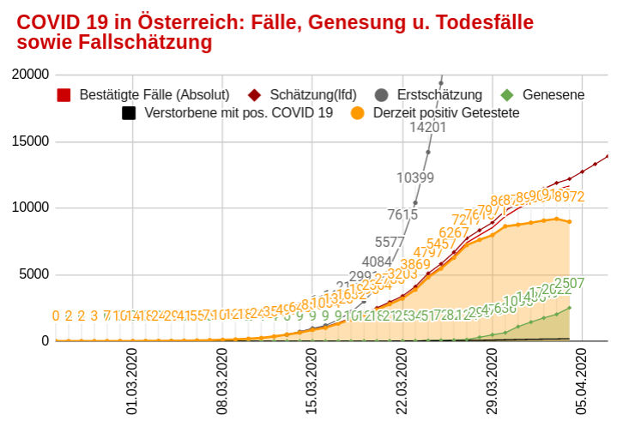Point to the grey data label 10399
pos(415,178)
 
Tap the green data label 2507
pos(569,283)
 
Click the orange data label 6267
pos(454,232)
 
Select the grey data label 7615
pos(402,214)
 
